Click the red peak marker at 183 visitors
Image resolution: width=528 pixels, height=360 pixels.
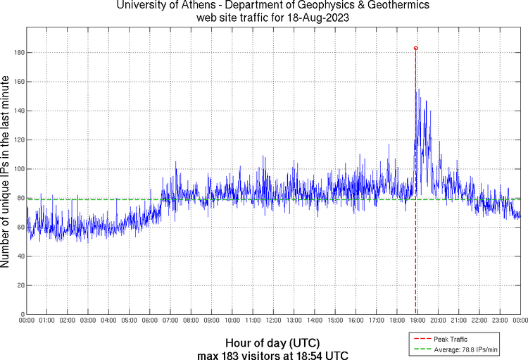(415, 48)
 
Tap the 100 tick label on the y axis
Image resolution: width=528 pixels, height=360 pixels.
(18, 169)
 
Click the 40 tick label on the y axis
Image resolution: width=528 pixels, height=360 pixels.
(20, 256)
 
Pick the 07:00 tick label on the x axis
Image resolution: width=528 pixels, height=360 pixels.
(170, 321)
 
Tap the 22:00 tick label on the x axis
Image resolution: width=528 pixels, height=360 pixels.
(479, 321)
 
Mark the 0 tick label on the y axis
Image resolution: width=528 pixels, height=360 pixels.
(22, 314)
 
